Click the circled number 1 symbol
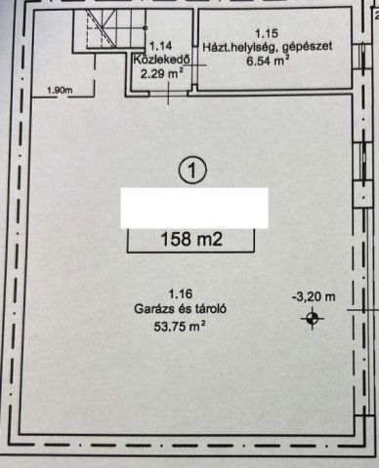[x=192, y=171]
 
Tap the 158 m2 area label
[x=191, y=240]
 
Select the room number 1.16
[x=181, y=294]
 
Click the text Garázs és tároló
[x=180, y=309]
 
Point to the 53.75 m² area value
[x=180, y=326]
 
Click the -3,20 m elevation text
[x=314, y=296]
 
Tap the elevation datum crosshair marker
[x=313, y=319]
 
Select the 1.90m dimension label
[x=60, y=90]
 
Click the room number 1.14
[x=160, y=46]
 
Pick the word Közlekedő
[x=161, y=60]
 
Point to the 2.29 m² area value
[x=161, y=74]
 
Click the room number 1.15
[x=267, y=33]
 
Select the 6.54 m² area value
[x=268, y=60]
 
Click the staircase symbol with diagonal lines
[x=101, y=28]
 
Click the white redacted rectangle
[x=194, y=208]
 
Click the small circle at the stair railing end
[x=146, y=28]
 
